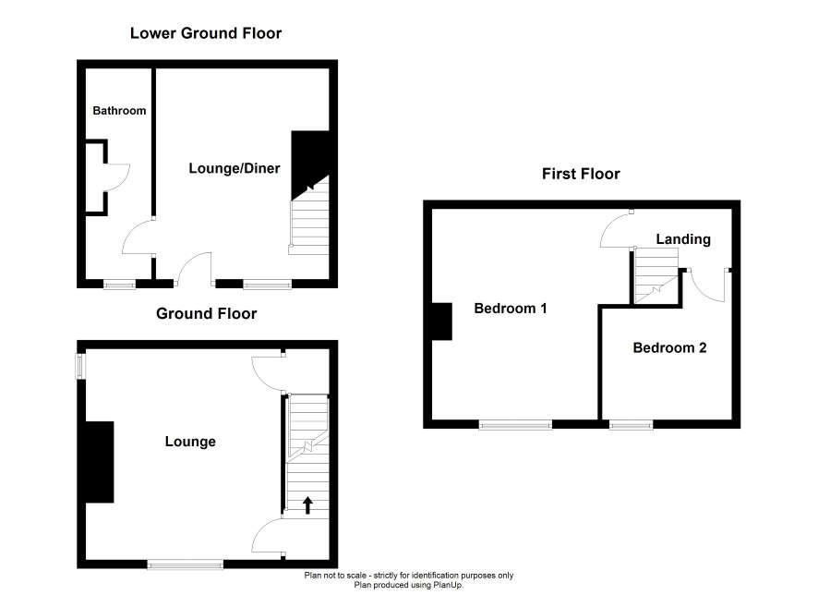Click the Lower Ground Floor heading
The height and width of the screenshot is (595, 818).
tap(206, 33)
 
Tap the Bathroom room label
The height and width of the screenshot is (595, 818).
tap(119, 111)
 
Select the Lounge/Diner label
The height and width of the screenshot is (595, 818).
tap(235, 168)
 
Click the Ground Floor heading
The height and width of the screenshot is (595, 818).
tap(206, 314)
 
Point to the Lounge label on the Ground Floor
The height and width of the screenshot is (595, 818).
tap(190, 442)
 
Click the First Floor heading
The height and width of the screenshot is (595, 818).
tap(581, 174)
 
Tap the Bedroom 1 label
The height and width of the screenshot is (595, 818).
tap(511, 309)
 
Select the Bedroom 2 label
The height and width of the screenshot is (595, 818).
tap(669, 347)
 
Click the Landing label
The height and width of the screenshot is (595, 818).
tap(683, 239)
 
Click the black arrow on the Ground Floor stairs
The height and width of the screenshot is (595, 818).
tap(307, 505)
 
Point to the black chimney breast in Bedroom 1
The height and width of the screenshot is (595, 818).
tap(441, 322)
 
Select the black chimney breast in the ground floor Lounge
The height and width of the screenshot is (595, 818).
tap(99, 462)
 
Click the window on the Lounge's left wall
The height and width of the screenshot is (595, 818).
tap(81, 367)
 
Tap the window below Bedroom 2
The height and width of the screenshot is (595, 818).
tap(632, 424)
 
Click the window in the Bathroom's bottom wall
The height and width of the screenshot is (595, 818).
tap(119, 284)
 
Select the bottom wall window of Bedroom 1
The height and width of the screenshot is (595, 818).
tap(515, 424)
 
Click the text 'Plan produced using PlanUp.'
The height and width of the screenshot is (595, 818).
tap(408, 585)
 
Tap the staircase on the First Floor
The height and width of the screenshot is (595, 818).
tap(656, 275)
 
